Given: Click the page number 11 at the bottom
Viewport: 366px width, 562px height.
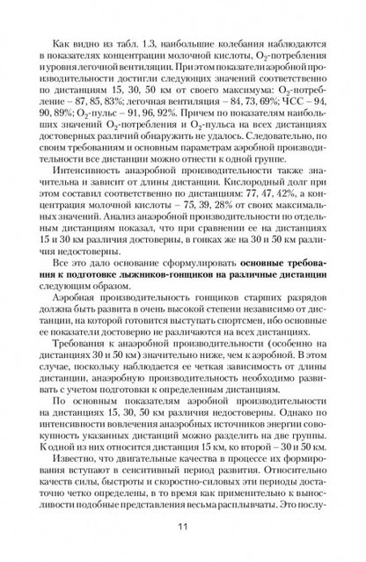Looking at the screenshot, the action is [183, 526].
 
